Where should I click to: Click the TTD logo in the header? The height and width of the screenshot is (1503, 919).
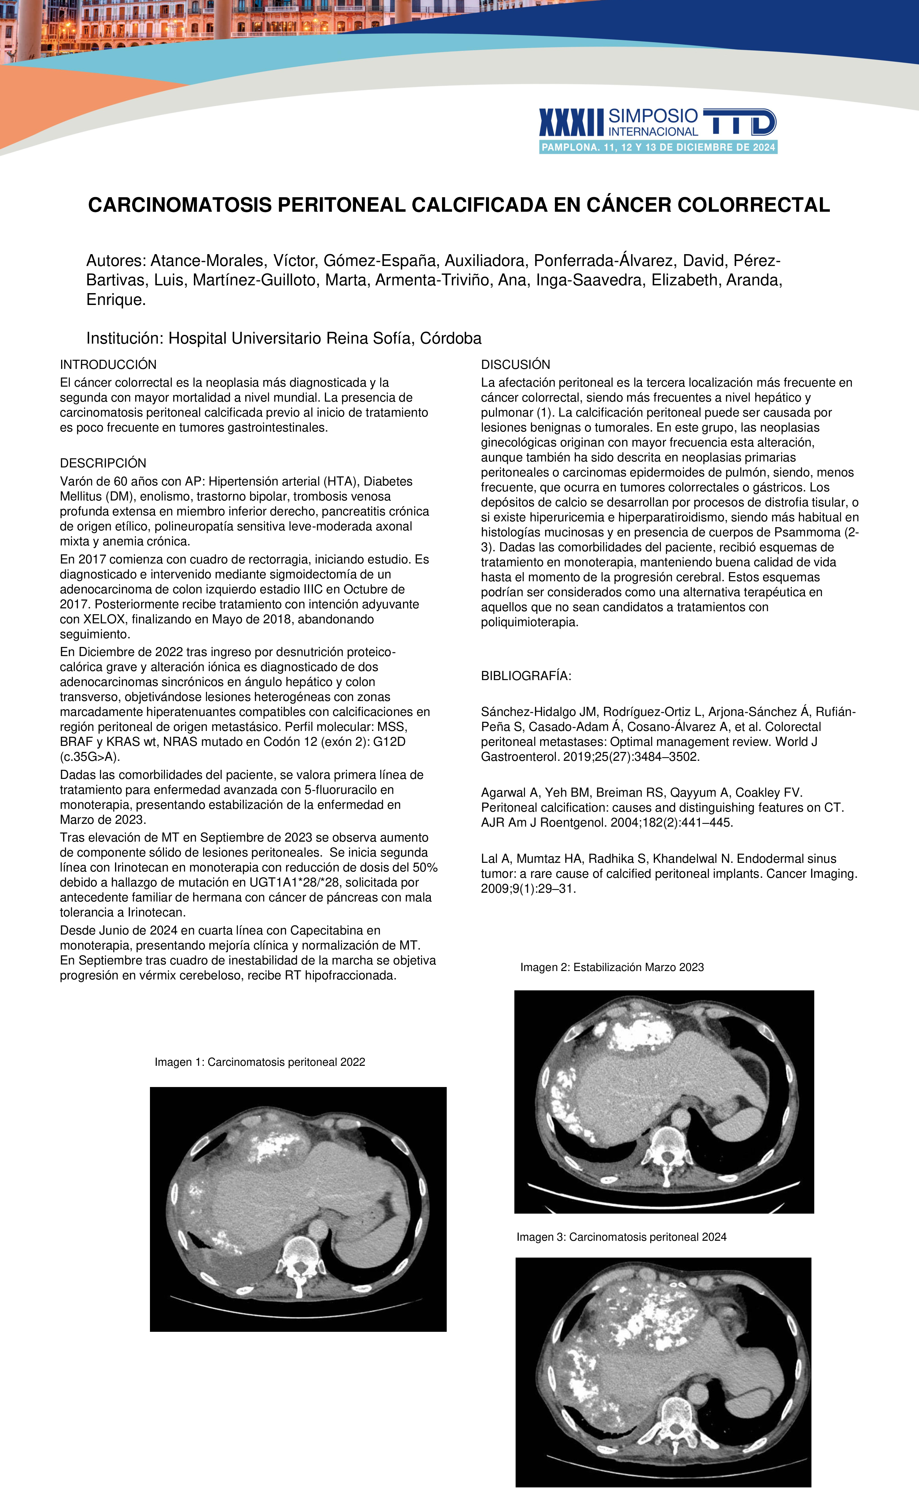[x=739, y=122]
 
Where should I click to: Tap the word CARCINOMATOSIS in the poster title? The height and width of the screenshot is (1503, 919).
[x=180, y=205]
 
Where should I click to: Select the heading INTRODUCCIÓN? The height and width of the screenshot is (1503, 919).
[x=108, y=365]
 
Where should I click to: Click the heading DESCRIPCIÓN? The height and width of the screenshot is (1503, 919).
[x=103, y=463]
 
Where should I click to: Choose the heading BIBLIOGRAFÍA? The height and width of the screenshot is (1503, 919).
[x=526, y=676]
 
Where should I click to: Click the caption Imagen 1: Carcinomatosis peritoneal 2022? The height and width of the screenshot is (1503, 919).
[x=260, y=1062]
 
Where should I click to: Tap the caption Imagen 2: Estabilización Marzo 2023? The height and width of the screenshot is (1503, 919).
[x=612, y=967]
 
